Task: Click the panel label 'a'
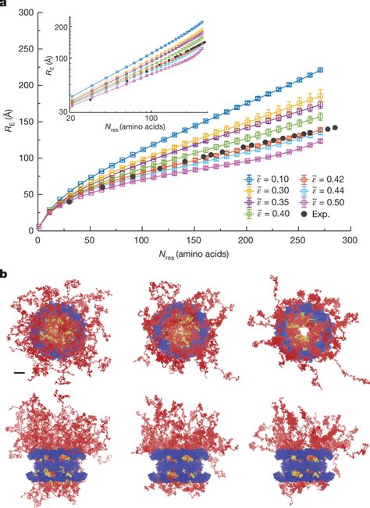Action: pos(5,5)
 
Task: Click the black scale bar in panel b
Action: pos(19,375)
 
